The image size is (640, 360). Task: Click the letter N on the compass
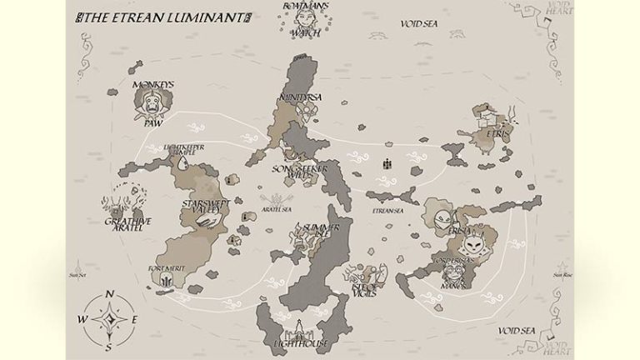(109, 293)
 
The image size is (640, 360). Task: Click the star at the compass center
(109, 319)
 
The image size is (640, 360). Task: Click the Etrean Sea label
(387, 212)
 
